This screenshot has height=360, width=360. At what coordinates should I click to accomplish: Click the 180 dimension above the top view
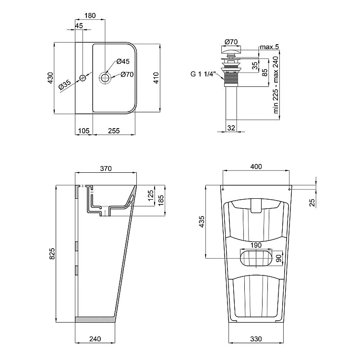click(90, 15)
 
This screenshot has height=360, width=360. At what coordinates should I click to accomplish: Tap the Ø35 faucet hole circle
click(83, 78)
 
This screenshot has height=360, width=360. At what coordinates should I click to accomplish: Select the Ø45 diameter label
click(123, 61)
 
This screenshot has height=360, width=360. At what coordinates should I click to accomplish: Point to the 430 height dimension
click(50, 78)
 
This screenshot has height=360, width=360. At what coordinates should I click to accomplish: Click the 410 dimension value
click(156, 78)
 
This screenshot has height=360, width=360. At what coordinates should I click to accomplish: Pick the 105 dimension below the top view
click(84, 131)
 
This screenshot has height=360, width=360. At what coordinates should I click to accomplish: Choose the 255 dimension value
click(114, 131)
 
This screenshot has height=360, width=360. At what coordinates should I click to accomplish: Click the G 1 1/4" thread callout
click(204, 74)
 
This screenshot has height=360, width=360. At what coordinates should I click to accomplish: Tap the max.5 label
click(269, 47)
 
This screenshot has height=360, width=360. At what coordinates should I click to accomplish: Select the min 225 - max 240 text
click(276, 85)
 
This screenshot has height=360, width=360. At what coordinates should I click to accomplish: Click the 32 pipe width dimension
click(231, 128)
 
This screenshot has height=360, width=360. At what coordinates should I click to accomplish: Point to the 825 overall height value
click(52, 254)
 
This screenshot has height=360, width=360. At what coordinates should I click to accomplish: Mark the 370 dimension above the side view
click(106, 168)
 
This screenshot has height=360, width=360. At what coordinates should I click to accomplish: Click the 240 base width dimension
click(95, 339)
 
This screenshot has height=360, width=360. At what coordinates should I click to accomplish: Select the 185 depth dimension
click(161, 200)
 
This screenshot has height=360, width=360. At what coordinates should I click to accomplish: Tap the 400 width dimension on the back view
click(256, 167)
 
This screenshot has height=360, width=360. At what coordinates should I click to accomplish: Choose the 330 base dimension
click(256, 339)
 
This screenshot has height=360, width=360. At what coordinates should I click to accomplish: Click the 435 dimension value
click(201, 222)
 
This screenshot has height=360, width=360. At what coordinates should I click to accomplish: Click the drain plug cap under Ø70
click(231, 49)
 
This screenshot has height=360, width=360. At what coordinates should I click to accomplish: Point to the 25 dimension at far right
click(312, 203)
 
